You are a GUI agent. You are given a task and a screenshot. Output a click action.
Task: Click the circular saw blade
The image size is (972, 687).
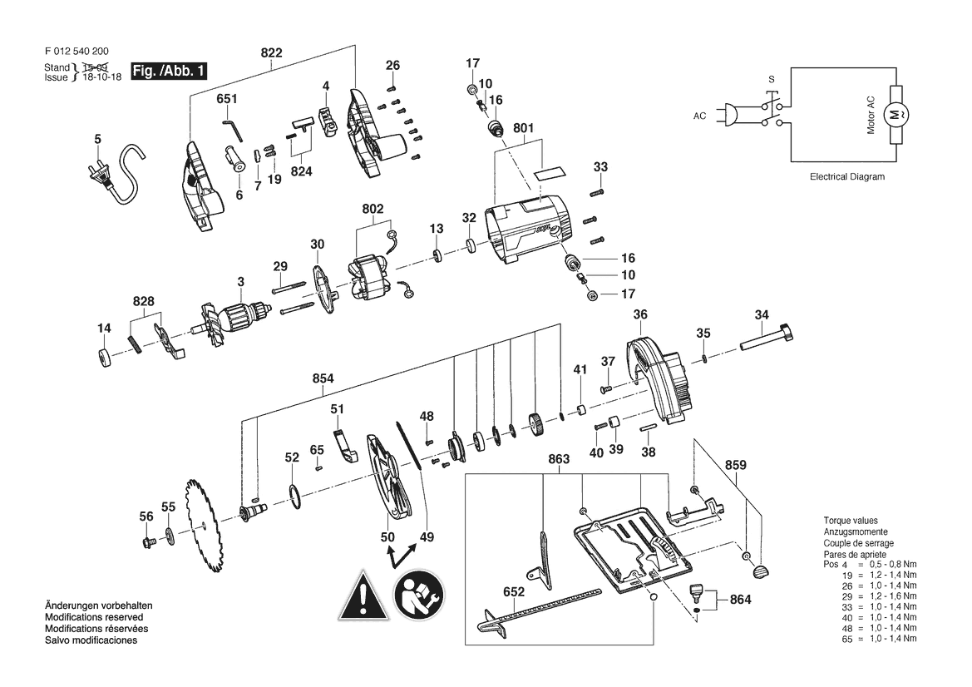coord(204,526)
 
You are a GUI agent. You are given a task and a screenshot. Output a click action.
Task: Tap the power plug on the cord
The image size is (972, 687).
coord(101,174)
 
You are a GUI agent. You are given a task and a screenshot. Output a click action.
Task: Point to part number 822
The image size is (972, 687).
coord(272,52)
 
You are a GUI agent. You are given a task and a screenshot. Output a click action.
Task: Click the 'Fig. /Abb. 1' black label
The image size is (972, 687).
coord(170,71)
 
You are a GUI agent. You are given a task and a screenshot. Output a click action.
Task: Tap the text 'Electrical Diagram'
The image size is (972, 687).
coord(846,176)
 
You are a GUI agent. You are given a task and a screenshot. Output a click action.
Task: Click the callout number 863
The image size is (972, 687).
coord(559,459)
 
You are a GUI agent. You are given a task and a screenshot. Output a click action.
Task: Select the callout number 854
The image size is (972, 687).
coord(323,378)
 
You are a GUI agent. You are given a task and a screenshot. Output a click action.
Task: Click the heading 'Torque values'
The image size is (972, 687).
coord(851,521)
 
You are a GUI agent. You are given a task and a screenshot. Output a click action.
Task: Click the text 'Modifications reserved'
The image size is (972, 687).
coord(94,618)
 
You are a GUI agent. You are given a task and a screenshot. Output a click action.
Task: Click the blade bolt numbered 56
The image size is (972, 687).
coord(147,543)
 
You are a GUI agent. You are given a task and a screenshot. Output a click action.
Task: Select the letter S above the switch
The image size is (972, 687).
coord(771,79)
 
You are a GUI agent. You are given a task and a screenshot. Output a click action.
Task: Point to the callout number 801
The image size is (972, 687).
coord(523,128)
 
